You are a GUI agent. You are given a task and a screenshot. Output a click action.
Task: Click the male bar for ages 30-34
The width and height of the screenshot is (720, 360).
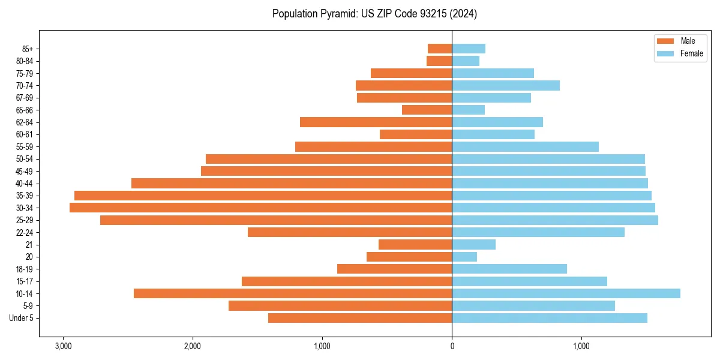pos(260,208)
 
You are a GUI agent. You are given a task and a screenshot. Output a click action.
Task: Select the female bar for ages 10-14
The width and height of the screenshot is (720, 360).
pos(566,293)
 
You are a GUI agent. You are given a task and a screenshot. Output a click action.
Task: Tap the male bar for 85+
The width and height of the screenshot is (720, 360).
pos(440,49)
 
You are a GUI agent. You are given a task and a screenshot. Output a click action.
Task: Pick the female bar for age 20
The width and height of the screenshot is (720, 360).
pos(464,257)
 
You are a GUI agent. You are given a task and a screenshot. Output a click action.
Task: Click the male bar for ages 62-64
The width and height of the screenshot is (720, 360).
pos(376,122)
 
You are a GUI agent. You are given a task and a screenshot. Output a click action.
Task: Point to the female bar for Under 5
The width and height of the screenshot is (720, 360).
pos(550,318)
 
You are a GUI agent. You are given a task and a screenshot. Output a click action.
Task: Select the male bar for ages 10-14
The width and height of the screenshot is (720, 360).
pos(293,293)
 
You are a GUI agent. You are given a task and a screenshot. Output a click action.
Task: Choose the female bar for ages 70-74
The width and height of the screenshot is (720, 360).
pos(506,85)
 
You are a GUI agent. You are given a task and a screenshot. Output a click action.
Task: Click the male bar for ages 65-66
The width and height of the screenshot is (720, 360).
pos(427,110)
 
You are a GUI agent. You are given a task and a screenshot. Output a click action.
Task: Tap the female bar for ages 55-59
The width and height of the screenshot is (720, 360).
pos(525,146)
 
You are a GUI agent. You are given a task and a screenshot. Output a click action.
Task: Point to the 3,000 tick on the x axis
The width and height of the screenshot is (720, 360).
pos(63,346)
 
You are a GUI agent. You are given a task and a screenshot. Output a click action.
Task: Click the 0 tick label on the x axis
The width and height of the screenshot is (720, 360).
pos(452,346)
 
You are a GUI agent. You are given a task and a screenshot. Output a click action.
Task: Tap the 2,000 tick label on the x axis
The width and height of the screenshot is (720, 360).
pos(193,346)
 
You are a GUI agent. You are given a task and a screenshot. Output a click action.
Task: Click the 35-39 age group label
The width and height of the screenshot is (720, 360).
pos(24,196)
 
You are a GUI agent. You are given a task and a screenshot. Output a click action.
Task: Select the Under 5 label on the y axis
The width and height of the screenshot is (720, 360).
pos(22,318)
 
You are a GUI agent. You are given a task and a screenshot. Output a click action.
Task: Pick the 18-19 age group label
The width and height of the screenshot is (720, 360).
pos(24,269)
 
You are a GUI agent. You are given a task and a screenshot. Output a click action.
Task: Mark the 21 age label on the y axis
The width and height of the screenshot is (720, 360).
pos(29,245)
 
